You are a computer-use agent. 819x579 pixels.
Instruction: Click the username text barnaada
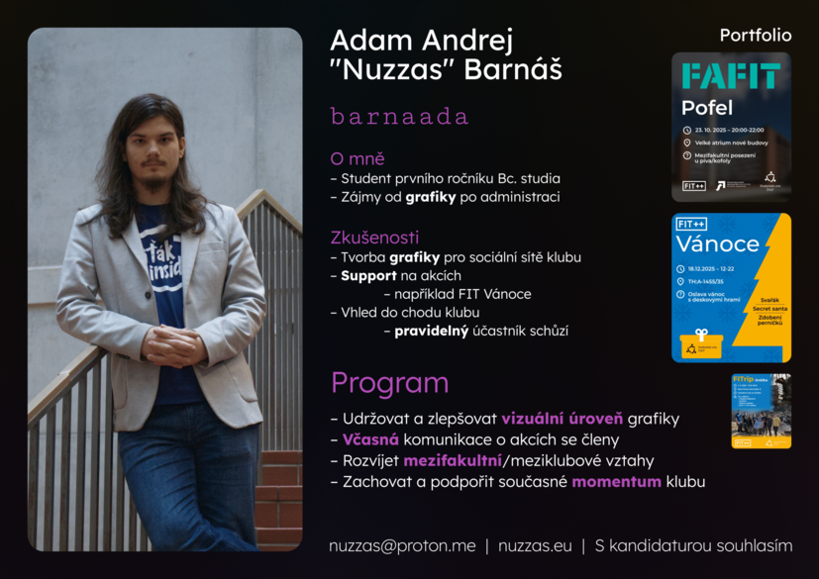[399, 117]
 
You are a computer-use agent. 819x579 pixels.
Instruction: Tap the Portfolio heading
[756, 36]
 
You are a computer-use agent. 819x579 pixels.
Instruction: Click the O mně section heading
[358, 158]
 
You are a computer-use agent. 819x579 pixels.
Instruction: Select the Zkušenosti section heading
[374, 238]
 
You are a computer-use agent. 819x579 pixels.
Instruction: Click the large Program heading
[389, 383]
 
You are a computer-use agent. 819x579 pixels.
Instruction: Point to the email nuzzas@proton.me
[402, 545]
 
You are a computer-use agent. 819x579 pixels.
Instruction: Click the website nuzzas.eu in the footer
[535, 545]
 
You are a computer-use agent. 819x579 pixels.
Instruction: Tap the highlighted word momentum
[616, 482]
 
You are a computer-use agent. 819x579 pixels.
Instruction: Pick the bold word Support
[368, 275]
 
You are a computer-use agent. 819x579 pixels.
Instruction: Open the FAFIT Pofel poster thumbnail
[731, 127]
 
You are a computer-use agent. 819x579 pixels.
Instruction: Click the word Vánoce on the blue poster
[718, 243]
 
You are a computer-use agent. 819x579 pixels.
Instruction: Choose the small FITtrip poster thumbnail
[761, 411]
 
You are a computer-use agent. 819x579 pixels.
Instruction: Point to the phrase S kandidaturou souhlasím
[693, 545]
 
